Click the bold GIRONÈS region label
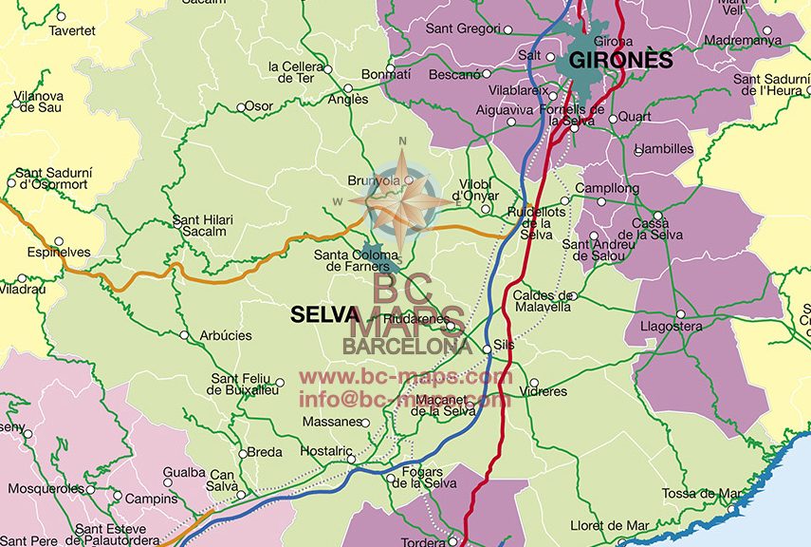coord(620,61)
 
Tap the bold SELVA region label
coord(324,314)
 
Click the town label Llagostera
coord(672,327)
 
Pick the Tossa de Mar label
coord(701,493)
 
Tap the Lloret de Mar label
coord(610,525)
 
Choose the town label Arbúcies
coord(226,336)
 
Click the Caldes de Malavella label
coord(543,301)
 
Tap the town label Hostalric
coord(326,451)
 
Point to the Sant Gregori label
coord(462,28)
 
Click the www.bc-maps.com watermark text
coord(406,378)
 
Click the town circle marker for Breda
coord(242,454)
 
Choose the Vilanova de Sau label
coord(39,102)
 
